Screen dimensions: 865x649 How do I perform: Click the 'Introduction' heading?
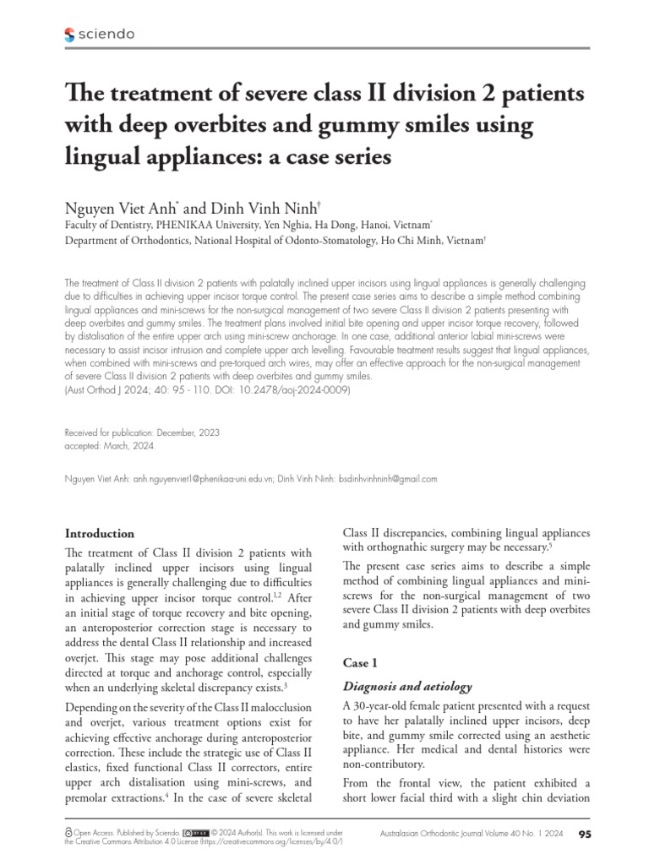pyautogui.click(x=100, y=534)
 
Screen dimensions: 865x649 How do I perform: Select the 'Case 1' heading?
pyautogui.click(x=361, y=663)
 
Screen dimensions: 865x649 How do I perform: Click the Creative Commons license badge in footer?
pyautogui.click(x=195, y=832)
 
